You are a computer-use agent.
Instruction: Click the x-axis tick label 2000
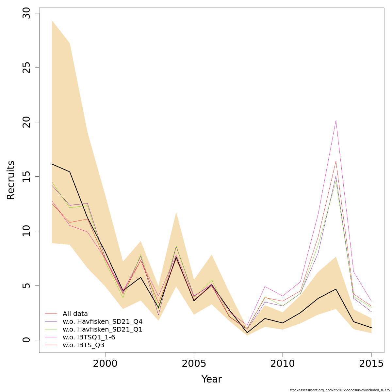(x=105, y=364)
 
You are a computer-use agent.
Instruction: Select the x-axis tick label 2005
(x=194, y=364)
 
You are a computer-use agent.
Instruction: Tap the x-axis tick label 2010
(x=283, y=364)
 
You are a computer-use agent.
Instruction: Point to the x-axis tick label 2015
(x=371, y=364)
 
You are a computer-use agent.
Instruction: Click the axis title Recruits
(x=11, y=180)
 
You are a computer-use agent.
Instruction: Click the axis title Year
(x=212, y=379)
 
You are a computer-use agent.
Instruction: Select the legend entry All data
(x=75, y=314)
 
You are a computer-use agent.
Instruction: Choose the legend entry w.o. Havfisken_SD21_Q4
(x=103, y=321)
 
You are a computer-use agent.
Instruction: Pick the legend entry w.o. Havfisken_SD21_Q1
(x=103, y=329)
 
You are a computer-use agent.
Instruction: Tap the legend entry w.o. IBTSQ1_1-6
(x=89, y=337)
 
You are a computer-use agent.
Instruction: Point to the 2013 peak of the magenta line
(x=336, y=121)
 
